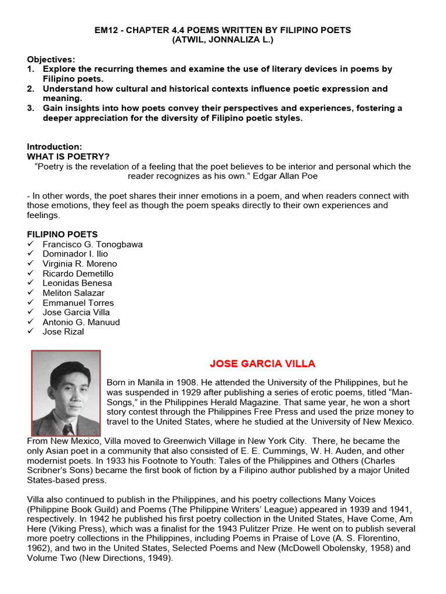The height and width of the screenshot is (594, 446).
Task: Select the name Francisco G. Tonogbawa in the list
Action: click(x=92, y=244)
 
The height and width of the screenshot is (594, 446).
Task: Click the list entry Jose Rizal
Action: click(x=63, y=332)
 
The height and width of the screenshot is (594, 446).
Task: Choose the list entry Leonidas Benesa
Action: click(x=77, y=283)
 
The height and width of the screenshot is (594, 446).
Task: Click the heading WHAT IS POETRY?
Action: click(x=68, y=157)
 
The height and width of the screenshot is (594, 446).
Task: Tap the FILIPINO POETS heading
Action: click(x=62, y=234)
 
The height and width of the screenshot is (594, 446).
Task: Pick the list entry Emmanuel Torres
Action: click(x=78, y=303)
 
